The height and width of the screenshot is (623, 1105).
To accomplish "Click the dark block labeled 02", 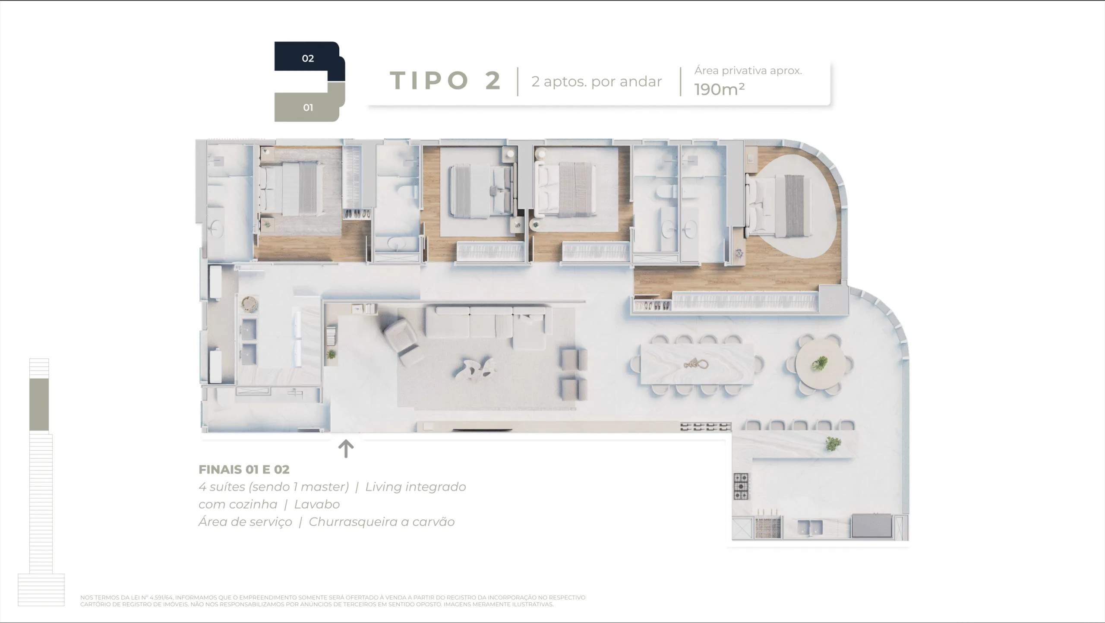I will pyautogui.click(x=307, y=59).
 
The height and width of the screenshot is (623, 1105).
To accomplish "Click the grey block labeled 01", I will pyautogui.click(x=307, y=108).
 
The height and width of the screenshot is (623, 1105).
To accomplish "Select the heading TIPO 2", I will pyautogui.click(x=446, y=81).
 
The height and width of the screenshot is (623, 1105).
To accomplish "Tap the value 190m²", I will pyautogui.click(x=719, y=89).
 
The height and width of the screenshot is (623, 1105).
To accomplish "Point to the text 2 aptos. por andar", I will pyautogui.click(x=597, y=82).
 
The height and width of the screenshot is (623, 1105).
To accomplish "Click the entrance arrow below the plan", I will pyautogui.click(x=346, y=449).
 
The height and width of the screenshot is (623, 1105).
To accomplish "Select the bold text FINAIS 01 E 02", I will pyautogui.click(x=244, y=469).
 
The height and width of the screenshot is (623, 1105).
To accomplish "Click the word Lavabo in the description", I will pyautogui.click(x=317, y=504).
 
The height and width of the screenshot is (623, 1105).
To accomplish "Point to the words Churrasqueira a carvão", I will pyautogui.click(x=382, y=522).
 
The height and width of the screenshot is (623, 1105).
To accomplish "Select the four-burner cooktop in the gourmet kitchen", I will pyautogui.click(x=741, y=486).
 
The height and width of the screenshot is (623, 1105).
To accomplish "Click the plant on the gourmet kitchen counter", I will pyautogui.click(x=833, y=443).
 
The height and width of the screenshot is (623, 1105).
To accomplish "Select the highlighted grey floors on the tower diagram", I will pyautogui.click(x=39, y=404).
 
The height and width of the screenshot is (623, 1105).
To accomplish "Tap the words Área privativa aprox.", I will pyautogui.click(x=748, y=71).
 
